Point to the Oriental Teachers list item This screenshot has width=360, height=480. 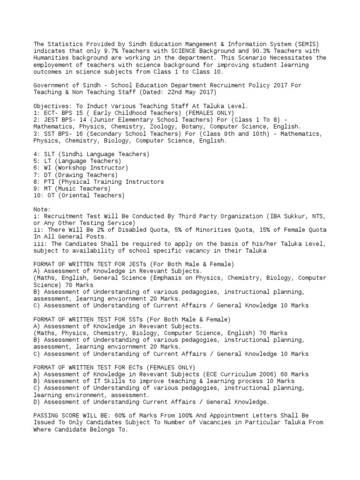click(x=79, y=195)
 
